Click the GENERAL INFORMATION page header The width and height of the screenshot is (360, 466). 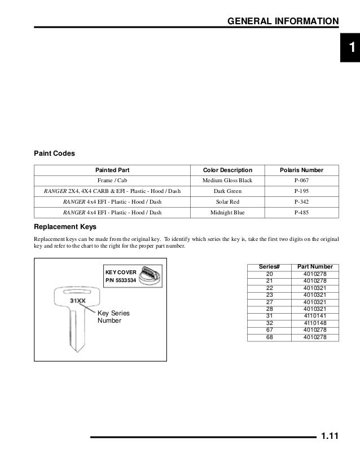click(x=283, y=21)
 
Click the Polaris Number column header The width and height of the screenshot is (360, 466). click(x=301, y=170)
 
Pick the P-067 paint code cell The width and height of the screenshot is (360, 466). click(x=301, y=181)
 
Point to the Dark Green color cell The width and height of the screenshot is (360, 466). click(x=227, y=191)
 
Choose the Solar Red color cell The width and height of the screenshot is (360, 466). click(x=227, y=202)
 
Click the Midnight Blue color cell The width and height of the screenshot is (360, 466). click(x=227, y=213)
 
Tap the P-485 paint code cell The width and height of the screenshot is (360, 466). click(x=301, y=213)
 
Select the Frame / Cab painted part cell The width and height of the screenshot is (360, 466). click(x=112, y=181)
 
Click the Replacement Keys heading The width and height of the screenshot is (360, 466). click(x=65, y=227)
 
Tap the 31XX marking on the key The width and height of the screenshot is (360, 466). click(x=78, y=301)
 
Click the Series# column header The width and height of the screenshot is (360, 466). click(x=269, y=267)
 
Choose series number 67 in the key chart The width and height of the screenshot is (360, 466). click(x=269, y=331)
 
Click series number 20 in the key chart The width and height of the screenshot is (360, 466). click(x=269, y=274)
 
